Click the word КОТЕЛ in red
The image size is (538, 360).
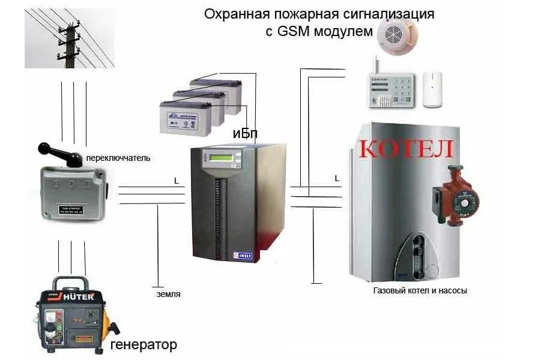(406, 149)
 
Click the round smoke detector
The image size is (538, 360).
(397, 34)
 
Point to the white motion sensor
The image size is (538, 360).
(432, 89)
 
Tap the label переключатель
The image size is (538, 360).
(118, 158)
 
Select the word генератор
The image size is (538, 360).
(144, 345)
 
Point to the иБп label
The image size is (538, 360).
(245, 134)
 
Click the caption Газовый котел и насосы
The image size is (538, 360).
(420, 290)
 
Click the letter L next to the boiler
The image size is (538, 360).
(336, 178)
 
